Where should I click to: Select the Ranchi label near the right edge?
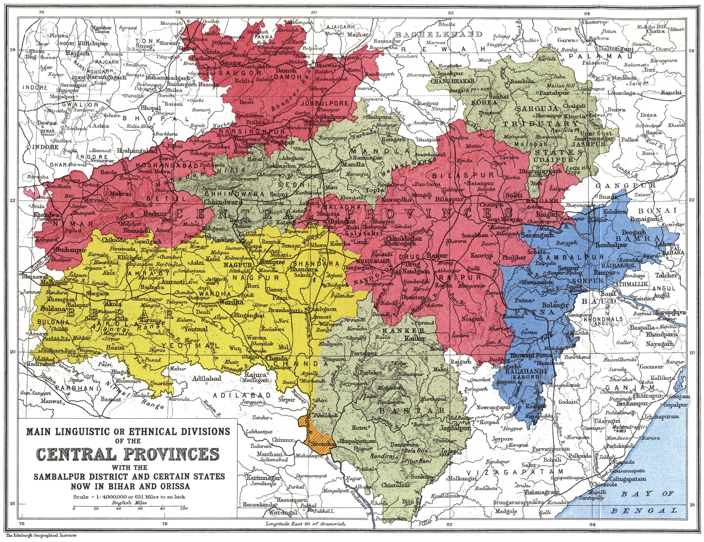(x=671, y=93)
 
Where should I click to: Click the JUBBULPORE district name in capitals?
(x=325, y=104)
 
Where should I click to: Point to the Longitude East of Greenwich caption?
(x=305, y=524)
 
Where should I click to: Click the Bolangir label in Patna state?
(x=555, y=305)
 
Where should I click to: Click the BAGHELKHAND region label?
(x=439, y=34)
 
